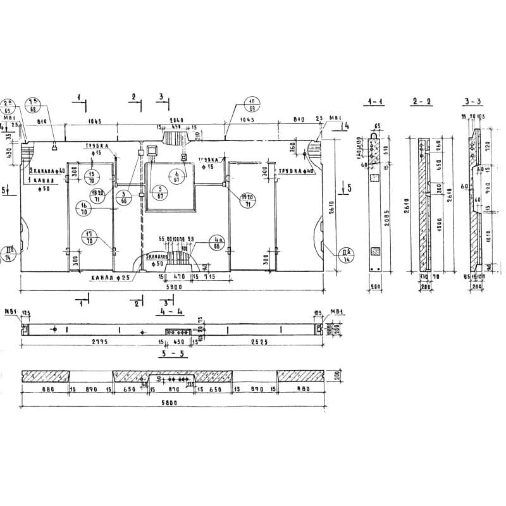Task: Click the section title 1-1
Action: pyautogui.click(x=374, y=102)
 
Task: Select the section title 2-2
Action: pyautogui.click(x=421, y=102)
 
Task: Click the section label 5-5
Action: pyautogui.click(x=171, y=354)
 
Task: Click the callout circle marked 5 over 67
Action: pyautogui.click(x=160, y=192)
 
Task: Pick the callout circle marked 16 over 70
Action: pyautogui.click(x=83, y=208)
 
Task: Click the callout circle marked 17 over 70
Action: pyautogui.click(x=90, y=237)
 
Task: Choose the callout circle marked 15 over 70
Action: pyautogui.click(x=92, y=177)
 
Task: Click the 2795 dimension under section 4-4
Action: pyautogui.click(x=83, y=342)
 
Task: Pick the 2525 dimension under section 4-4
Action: pyautogui.click(x=260, y=342)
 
